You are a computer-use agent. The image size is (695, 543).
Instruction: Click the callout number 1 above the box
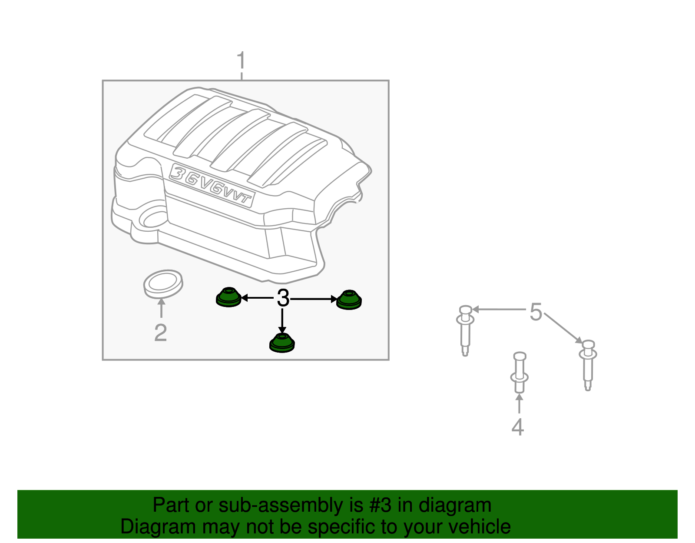pyautogui.click(x=241, y=60)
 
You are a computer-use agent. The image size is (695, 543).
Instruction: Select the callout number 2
pyautogui.click(x=161, y=333)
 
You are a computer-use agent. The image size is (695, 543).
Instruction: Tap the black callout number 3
pyautogui.click(x=283, y=298)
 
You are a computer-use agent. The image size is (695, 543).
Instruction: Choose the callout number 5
pyautogui.click(x=536, y=312)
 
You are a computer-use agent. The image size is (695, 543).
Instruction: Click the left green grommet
pyautogui.click(x=228, y=297)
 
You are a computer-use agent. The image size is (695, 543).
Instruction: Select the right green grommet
pyautogui.click(x=349, y=300)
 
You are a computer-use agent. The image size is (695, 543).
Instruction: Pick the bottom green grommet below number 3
pyautogui.click(x=282, y=343)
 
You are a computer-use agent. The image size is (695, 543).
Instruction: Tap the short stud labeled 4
pyautogui.click(x=520, y=372)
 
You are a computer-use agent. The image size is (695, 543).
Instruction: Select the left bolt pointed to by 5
pyautogui.click(x=465, y=330)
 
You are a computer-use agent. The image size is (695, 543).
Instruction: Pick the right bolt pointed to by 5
pyautogui.click(x=588, y=365)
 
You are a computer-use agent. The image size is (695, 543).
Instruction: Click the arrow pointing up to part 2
pyautogui.click(x=162, y=308)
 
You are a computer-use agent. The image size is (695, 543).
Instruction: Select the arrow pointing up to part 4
pyautogui.click(x=520, y=404)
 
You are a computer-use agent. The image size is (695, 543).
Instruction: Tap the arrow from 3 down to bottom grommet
pyautogui.click(x=282, y=321)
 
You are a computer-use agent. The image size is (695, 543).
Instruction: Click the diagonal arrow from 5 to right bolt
pyautogui.click(x=563, y=328)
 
